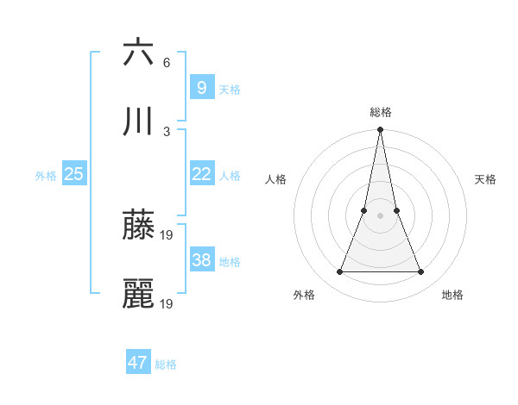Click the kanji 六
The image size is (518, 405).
(x=138, y=52)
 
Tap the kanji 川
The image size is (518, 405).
(x=138, y=121)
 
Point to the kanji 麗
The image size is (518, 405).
(x=138, y=294)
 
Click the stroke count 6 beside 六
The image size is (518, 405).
(x=167, y=63)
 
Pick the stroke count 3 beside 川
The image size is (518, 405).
(x=167, y=132)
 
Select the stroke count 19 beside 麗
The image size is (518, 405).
(x=168, y=304)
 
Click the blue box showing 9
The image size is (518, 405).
(x=201, y=87)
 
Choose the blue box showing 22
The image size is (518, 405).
(x=201, y=174)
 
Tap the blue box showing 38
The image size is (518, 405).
(x=201, y=260)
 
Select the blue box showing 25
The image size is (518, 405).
(x=73, y=174)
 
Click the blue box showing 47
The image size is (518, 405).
(x=137, y=363)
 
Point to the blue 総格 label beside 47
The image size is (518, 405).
(x=166, y=364)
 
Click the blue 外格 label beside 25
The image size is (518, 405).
(x=46, y=176)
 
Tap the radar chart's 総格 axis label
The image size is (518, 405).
(x=380, y=112)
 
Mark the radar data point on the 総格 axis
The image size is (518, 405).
(x=380, y=131)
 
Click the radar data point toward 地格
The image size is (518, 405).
(x=421, y=272)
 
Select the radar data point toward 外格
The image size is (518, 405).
(x=339, y=272)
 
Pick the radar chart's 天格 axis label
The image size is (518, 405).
(x=486, y=179)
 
